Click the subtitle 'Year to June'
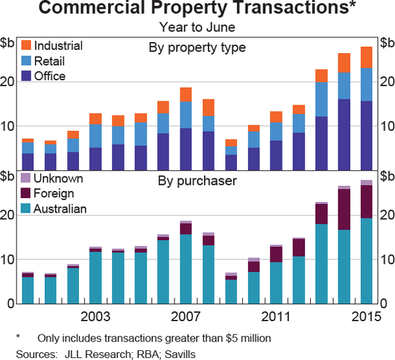click(x=197, y=27)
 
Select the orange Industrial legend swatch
click(x=26, y=45)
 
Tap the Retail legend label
click(x=50, y=61)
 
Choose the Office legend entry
click(x=50, y=76)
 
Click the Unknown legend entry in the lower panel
click(x=58, y=179)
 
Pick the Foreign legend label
click(x=54, y=193)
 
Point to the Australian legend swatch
click(x=26, y=209)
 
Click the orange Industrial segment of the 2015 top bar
click(x=366, y=57)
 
